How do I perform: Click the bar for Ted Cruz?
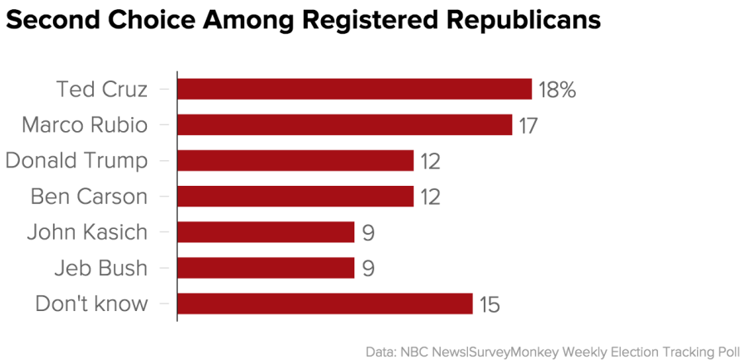click(x=354, y=89)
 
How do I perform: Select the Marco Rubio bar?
click(x=344, y=124)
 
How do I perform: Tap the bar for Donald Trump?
click(x=295, y=160)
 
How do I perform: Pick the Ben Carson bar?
click(x=295, y=197)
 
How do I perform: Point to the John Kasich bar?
click(x=266, y=232)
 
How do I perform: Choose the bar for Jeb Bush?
click(x=266, y=268)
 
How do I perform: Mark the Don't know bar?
click(x=324, y=304)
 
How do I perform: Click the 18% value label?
click(x=557, y=90)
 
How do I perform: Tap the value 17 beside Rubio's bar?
click(x=529, y=126)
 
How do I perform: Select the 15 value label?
click(x=490, y=305)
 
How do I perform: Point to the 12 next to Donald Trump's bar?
click(x=430, y=162)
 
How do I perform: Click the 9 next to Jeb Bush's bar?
click(x=368, y=270)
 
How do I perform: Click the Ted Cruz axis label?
click(x=101, y=89)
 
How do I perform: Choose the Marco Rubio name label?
click(x=85, y=124)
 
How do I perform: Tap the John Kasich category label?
click(x=87, y=232)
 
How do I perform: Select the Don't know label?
click(x=91, y=304)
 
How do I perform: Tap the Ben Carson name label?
click(x=89, y=197)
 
